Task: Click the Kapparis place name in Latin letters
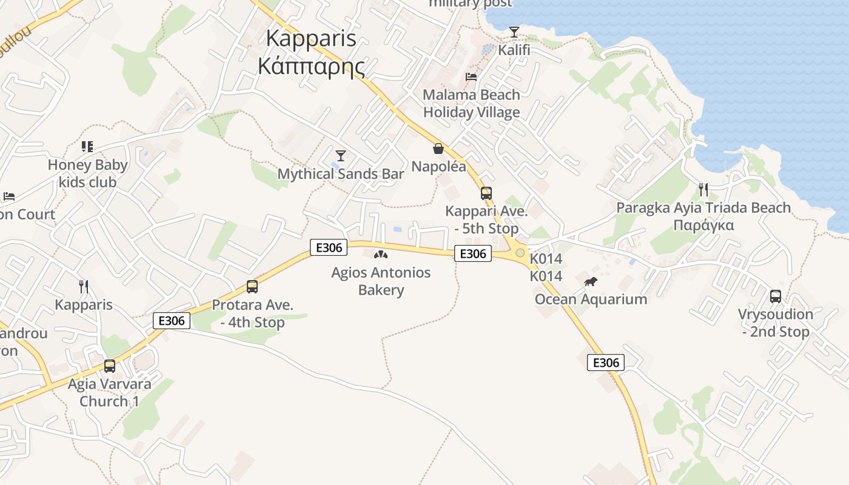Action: (310, 38)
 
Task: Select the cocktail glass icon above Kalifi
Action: (514, 32)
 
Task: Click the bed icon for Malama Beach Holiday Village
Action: (471, 77)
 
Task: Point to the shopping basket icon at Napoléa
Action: (438, 149)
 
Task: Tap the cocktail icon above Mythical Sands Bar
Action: (341, 156)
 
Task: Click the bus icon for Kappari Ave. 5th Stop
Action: (486, 193)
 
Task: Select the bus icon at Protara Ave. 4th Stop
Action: (252, 287)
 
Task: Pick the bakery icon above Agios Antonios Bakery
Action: (381, 255)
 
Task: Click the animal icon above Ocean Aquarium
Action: (591, 282)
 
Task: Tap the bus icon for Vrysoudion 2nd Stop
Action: (776, 296)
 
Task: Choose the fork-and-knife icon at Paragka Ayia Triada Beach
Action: (703, 190)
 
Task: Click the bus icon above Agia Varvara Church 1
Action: (110, 366)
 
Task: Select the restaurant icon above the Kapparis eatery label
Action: (84, 286)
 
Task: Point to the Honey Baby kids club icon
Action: (87, 147)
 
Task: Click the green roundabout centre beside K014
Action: (520, 252)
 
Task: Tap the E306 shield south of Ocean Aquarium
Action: (605, 363)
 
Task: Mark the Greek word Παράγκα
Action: (703, 226)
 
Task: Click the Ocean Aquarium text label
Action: (591, 299)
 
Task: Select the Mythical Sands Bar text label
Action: (341, 174)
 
